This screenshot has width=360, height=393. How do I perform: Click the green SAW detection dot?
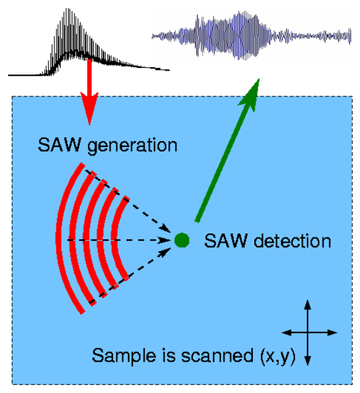182,240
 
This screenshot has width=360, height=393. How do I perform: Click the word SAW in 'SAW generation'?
60,144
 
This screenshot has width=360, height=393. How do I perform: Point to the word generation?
132,146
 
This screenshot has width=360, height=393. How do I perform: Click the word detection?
293,241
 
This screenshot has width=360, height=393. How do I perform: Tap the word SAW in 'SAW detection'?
226,241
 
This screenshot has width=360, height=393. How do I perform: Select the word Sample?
124,356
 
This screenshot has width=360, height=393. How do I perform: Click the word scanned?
217,355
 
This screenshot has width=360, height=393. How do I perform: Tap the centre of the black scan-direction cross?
308,332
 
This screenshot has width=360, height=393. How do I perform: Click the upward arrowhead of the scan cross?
308,305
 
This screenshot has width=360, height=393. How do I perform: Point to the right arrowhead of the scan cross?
333,332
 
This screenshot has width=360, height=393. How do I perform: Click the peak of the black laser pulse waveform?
67,9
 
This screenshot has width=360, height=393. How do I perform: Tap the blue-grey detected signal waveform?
252,36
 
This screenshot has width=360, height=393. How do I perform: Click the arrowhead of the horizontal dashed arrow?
165,240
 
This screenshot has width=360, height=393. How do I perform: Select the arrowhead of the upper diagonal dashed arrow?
166,227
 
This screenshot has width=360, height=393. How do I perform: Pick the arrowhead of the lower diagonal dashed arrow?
166,252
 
